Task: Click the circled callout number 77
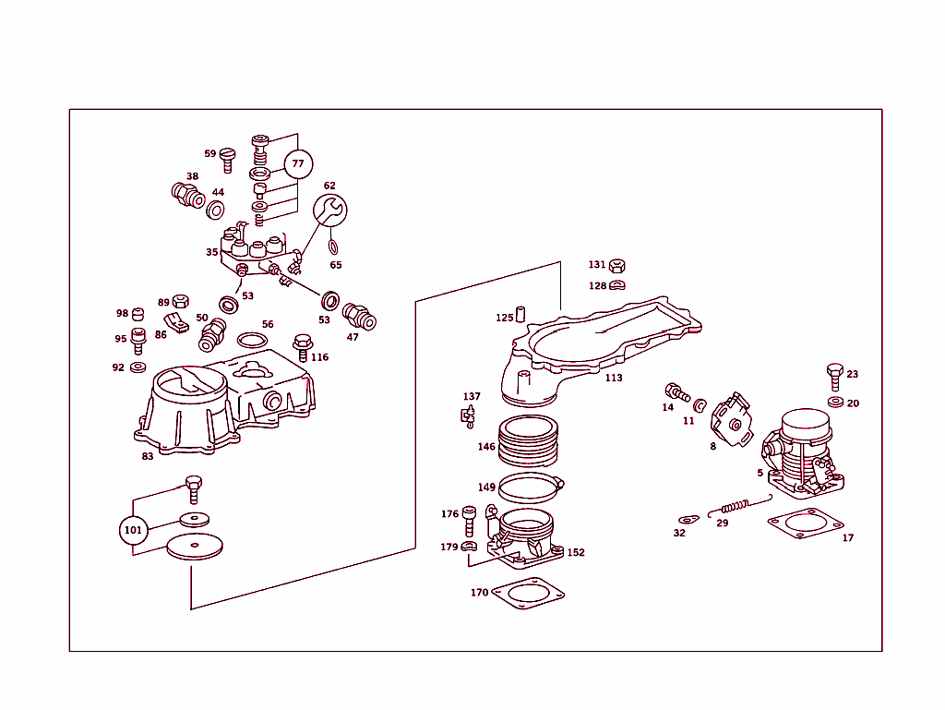pyautogui.click(x=297, y=164)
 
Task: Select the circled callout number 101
pyautogui.click(x=133, y=530)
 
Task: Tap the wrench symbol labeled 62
pyautogui.click(x=329, y=210)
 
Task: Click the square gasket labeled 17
pyautogui.click(x=805, y=523)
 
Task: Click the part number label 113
pyautogui.click(x=614, y=378)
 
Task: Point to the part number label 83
pyautogui.click(x=148, y=456)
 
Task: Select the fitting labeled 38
pyautogui.click(x=188, y=196)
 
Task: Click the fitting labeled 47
pyautogui.click(x=359, y=317)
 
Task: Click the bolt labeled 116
pyautogui.click(x=301, y=346)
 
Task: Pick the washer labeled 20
pyautogui.click(x=835, y=403)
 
